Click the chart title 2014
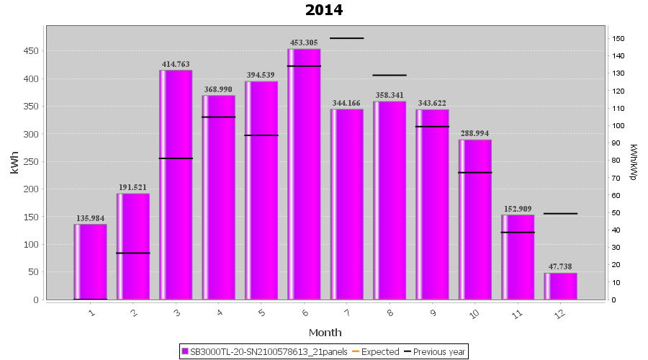pos(324,10)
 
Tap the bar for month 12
pos(560,286)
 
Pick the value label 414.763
pos(176,64)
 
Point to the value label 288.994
pos(475,133)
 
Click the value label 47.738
pos(560,266)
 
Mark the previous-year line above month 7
pos(346,38)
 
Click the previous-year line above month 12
pos(560,214)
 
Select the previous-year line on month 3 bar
pos(176,158)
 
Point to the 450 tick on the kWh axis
pos(31,51)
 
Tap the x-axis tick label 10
pos(474,314)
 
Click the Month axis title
pos(325,333)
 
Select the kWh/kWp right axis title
pos(633,162)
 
